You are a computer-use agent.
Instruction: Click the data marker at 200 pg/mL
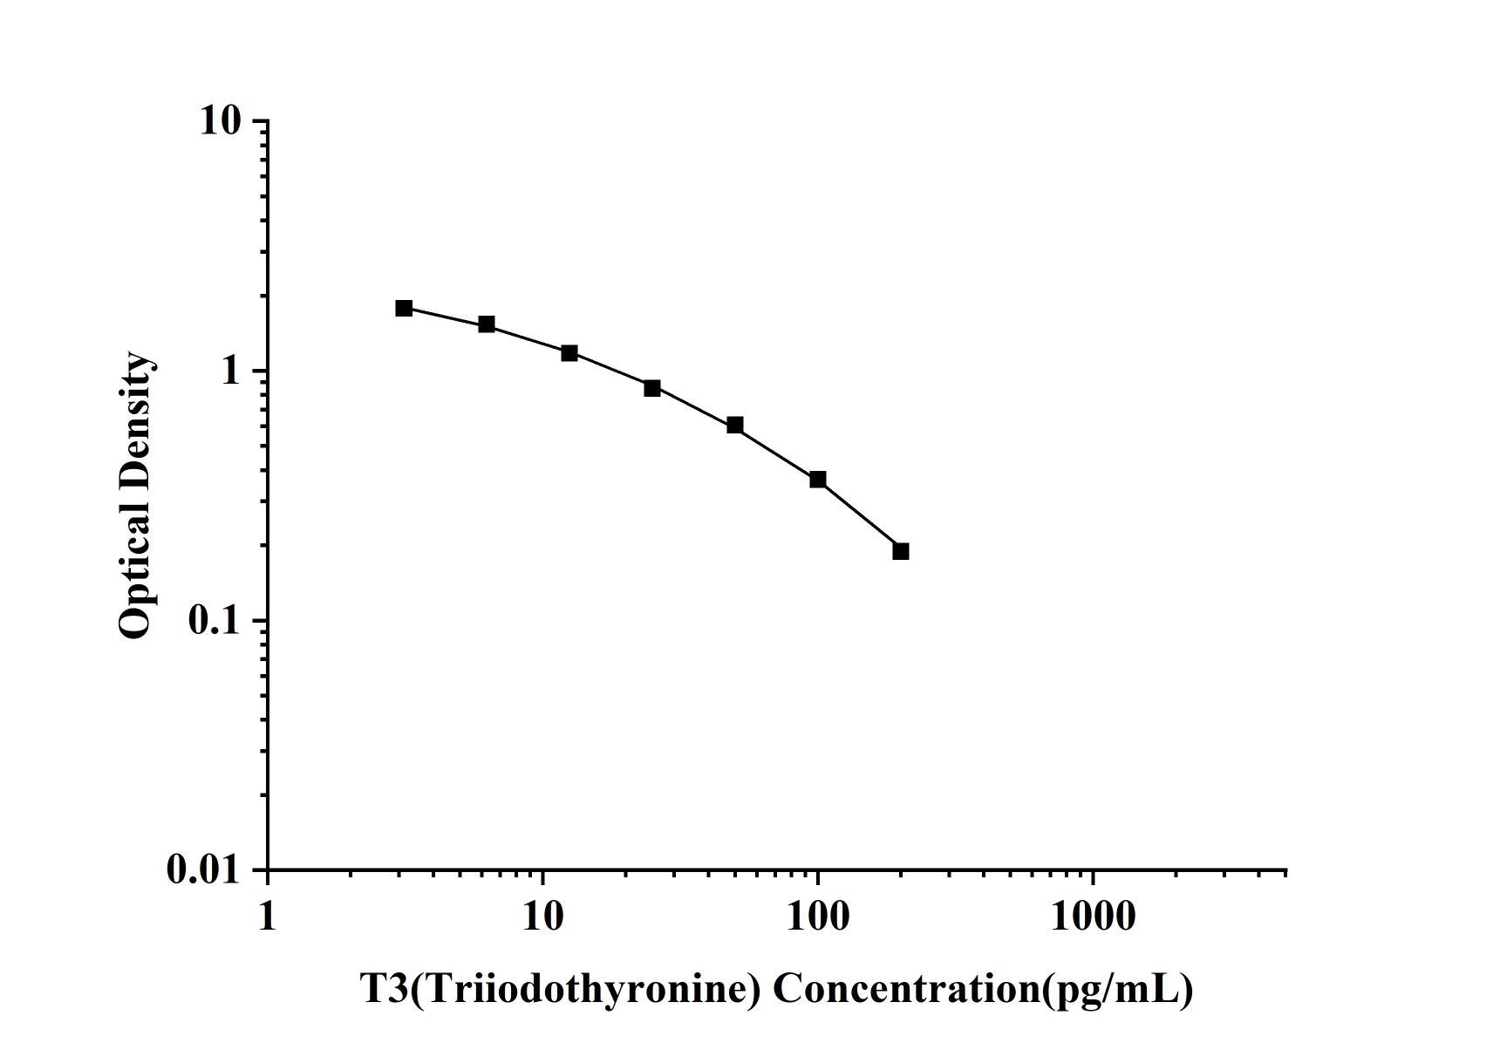click(x=900, y=551)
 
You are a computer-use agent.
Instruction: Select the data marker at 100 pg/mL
click(x=817, y=480)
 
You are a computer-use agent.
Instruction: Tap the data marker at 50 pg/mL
click(x=734, y=426)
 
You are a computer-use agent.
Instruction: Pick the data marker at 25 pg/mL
click(x=651, y=388)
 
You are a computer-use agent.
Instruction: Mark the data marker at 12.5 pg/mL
click(x=569, y=353)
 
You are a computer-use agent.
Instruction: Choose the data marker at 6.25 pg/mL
click(x=486, y=324)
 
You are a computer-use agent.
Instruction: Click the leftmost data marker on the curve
click(x=404, y=308)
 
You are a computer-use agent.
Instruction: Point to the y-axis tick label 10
click(x=220, y=121)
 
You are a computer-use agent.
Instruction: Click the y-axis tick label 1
click(x=230, y=372)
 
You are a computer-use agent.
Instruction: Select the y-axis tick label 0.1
click(x=214, y=621)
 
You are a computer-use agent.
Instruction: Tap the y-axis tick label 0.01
click(x=203, y=870)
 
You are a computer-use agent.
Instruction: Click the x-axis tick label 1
click(x=267, y=917)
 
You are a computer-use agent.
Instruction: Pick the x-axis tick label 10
click(x=542, y=917)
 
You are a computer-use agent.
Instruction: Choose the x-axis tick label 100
click(x=817, y=917)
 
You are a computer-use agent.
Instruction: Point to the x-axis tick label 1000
click(x=1092, y=917)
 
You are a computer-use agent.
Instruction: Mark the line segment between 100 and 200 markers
click(x=859, y=515)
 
